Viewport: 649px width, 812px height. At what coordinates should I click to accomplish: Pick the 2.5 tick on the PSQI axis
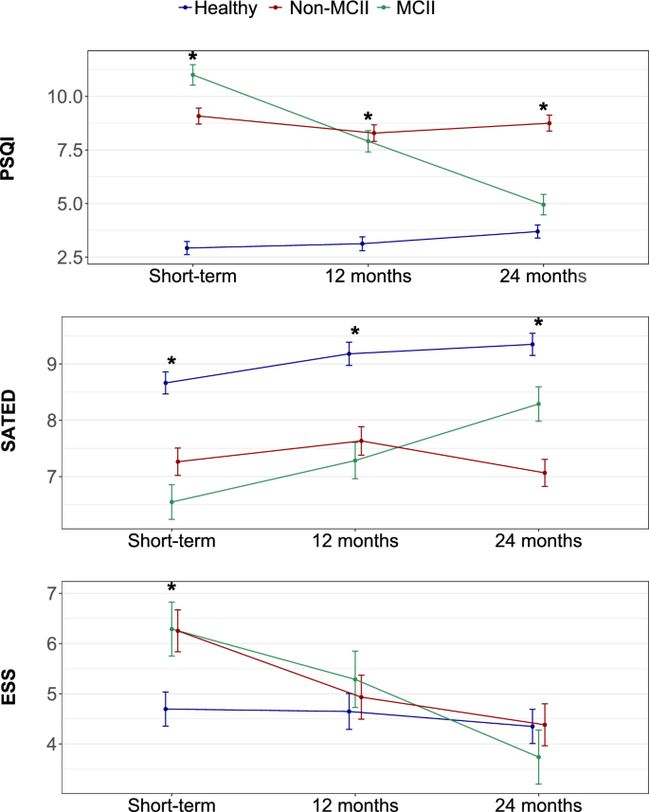tap(66, 257)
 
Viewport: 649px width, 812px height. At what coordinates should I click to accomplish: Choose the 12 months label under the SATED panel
tap(355, 540)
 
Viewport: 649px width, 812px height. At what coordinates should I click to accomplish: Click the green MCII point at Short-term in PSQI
tap(192, 75)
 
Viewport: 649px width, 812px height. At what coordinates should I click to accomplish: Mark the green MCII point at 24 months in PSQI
tap(543, 205)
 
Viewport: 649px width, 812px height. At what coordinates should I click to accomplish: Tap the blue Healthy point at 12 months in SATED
tap(350, 353)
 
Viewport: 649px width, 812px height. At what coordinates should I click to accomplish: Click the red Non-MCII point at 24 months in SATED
tap(544, 473)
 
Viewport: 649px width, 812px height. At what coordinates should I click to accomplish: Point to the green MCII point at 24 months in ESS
tap(538, 757)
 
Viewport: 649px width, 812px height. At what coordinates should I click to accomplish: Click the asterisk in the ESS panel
tap(172, 589)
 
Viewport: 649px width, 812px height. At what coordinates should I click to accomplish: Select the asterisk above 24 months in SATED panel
tap(538, 324)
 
